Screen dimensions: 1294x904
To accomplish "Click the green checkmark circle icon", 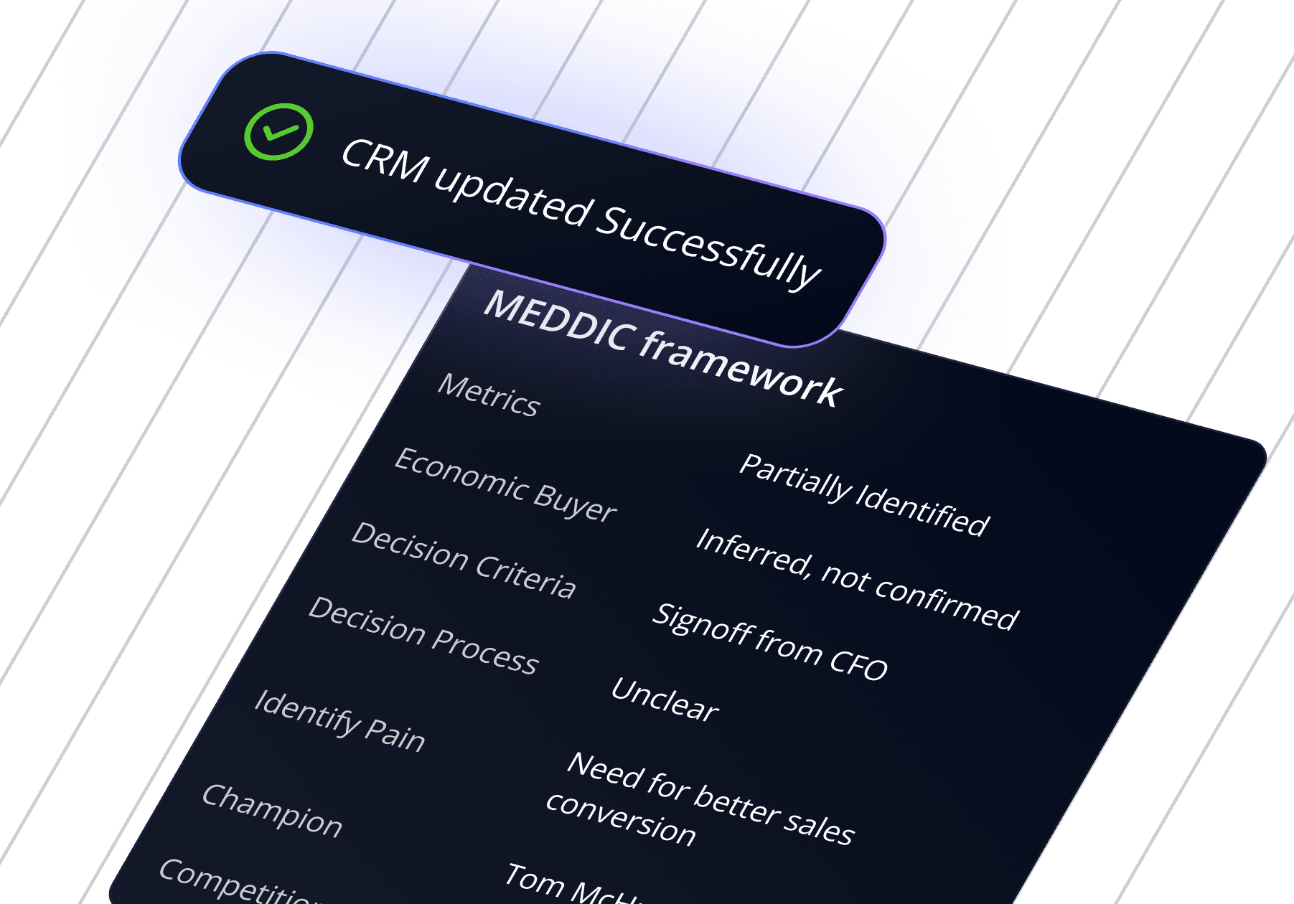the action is pyautogui.click(x=278, y=132).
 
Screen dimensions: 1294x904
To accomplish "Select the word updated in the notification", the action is pyautogui.click(x=512, y=197).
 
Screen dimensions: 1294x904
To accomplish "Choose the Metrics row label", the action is pyautogui.click(x=489, y=395).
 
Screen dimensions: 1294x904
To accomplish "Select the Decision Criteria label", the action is pyautogui.click(x=464, y=560).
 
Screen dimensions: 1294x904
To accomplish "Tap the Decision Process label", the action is pyautogui.click(x=423, y=636).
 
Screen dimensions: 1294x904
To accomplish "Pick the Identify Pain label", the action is pyautogui.click(x=339, y=721).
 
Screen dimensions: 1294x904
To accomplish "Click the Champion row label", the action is pyautogui.click(x=272, y=811).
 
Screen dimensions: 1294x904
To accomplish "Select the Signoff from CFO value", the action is pyautogui.click(x=770, y=641).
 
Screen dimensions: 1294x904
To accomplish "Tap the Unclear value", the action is pyautogui.click(x=665, y=700).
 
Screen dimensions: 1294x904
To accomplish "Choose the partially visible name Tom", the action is pyautogui.click(x=534, y=880).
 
